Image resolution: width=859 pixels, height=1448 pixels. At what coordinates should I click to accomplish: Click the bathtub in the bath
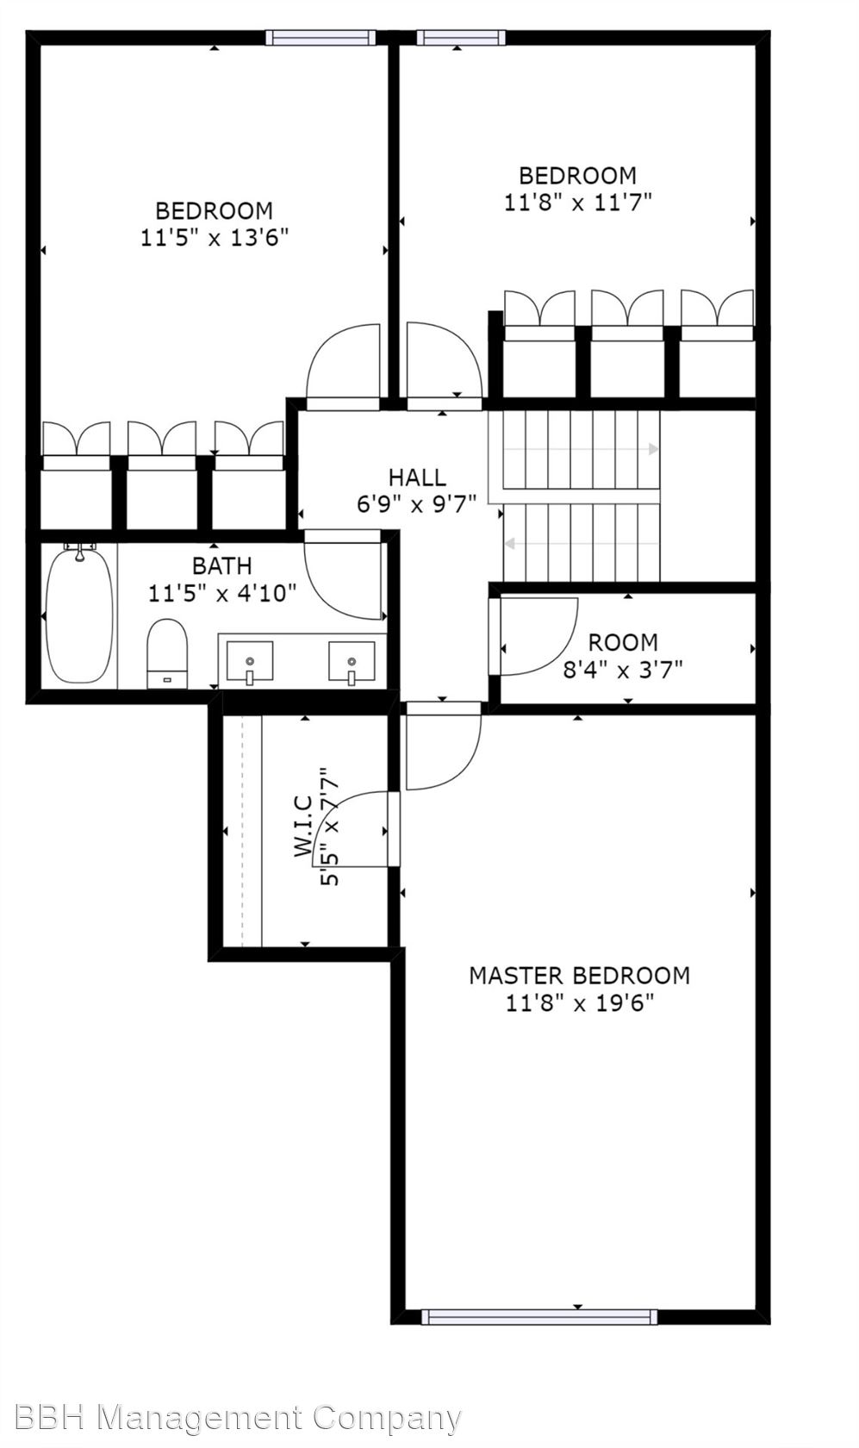79,615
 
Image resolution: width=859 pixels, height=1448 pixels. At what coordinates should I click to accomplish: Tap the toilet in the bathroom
167,653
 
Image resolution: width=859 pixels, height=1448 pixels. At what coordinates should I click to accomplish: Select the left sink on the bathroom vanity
250,661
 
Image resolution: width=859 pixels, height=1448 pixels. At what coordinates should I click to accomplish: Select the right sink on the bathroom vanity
352,661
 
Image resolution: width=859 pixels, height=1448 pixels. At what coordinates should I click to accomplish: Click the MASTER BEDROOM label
579,976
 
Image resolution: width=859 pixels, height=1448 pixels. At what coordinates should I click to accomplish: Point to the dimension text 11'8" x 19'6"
579,1003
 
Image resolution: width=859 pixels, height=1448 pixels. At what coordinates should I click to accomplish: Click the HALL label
417,477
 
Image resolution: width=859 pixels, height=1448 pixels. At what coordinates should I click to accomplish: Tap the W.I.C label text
303,827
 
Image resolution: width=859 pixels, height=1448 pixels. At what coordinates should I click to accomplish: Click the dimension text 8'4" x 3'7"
622,670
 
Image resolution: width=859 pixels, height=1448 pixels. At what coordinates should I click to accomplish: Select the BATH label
221,566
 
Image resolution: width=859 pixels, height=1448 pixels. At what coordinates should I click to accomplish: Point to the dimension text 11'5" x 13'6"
214,238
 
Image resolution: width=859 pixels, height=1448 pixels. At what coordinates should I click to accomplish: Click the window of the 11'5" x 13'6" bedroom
321,38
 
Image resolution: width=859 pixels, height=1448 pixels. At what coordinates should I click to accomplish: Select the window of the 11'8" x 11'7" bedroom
459,38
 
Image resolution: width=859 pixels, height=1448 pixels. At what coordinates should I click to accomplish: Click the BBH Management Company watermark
237,1419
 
